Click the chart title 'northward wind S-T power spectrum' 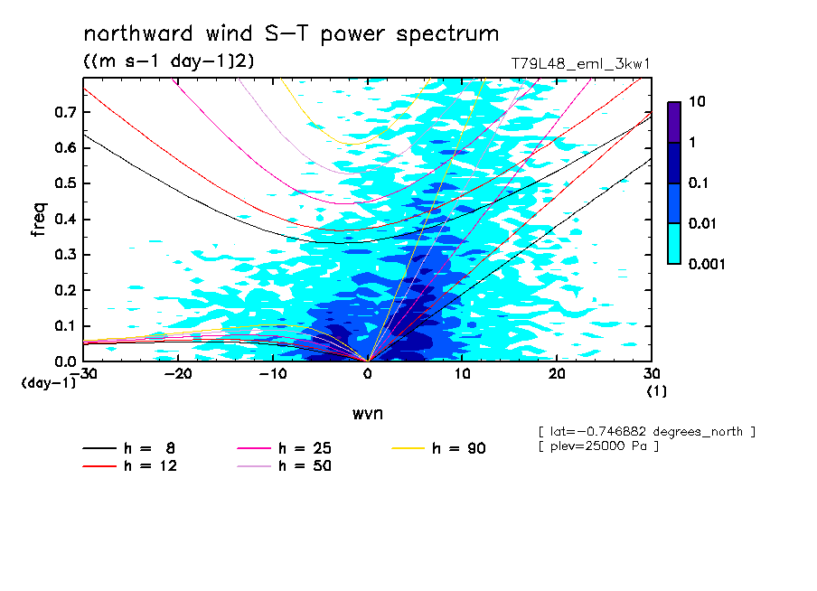(x=291, y=34)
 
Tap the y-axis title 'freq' (x=38, y=220)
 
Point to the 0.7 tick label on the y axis (x=65, y=112)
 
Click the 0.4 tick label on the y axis (x=65, y=220)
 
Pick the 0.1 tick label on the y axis (x=65, y=326)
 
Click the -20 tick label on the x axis (x=175, y=374)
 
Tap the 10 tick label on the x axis (x=463, y=374)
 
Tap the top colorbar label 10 (x=697, y=103)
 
